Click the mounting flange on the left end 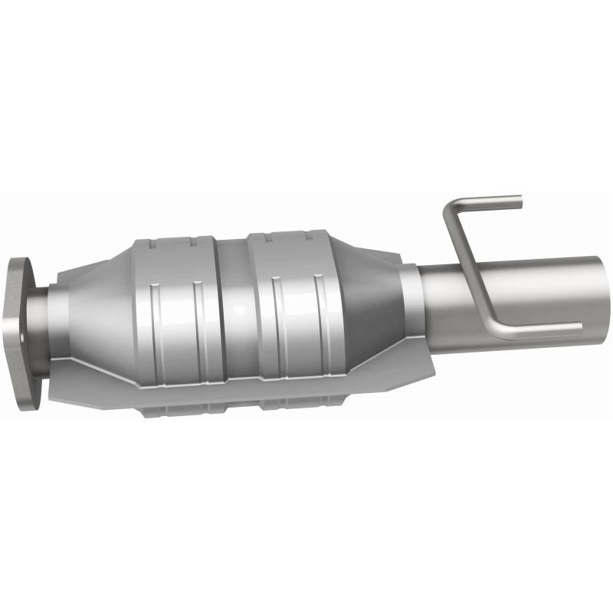[22, 329]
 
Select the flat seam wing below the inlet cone [92, 387]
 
